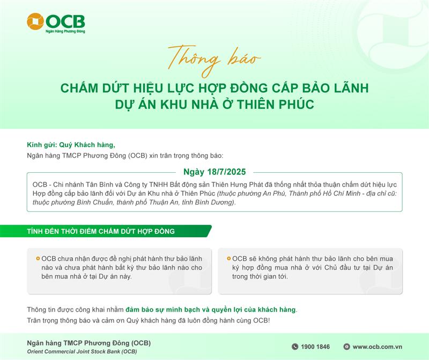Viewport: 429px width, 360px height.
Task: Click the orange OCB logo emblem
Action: (35, 21)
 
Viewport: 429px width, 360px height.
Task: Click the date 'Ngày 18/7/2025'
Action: (214, 172)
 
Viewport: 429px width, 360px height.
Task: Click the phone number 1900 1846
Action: (315, 347)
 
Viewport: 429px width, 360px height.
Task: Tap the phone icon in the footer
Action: (295, 347)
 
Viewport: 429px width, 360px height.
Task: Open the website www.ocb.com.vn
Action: (378, 347)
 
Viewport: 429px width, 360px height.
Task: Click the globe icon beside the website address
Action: (346, 347)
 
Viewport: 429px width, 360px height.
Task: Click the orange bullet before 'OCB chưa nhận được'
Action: (38, 259)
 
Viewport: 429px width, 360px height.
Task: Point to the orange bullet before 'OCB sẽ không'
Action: (229, 259)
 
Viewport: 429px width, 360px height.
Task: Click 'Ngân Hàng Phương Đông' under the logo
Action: (65, 31)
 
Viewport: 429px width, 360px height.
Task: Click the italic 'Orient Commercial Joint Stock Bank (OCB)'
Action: (82, 351)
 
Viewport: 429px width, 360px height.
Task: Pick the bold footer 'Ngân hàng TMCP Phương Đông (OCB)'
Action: (88, 343)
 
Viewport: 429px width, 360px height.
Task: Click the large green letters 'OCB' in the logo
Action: (65, 21)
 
